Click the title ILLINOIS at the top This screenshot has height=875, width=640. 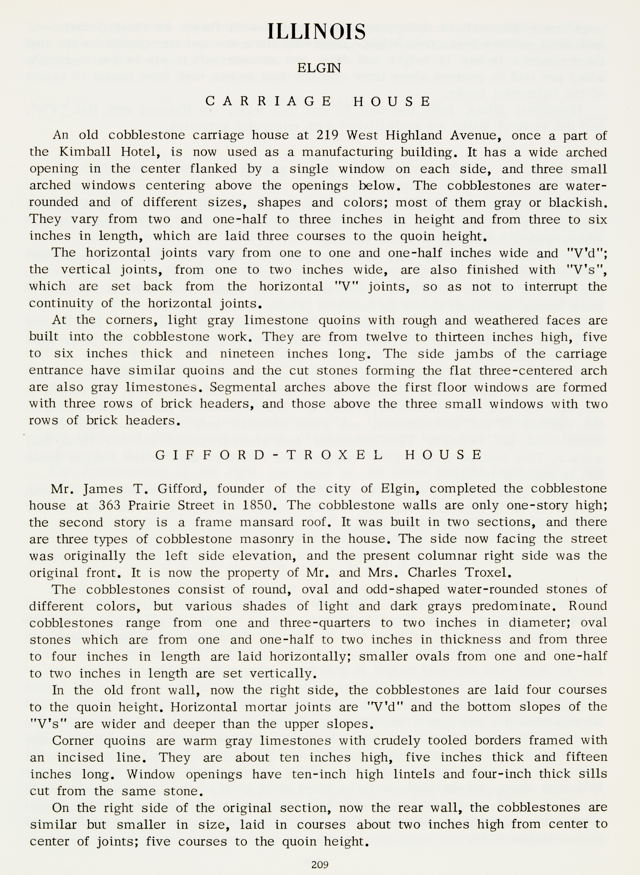pos(316,32)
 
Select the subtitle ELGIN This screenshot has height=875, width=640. pos(319,68)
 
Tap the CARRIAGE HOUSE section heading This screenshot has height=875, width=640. pos(318,101)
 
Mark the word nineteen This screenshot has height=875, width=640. pos(247,353)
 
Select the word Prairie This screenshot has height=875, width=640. pos(152,505)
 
